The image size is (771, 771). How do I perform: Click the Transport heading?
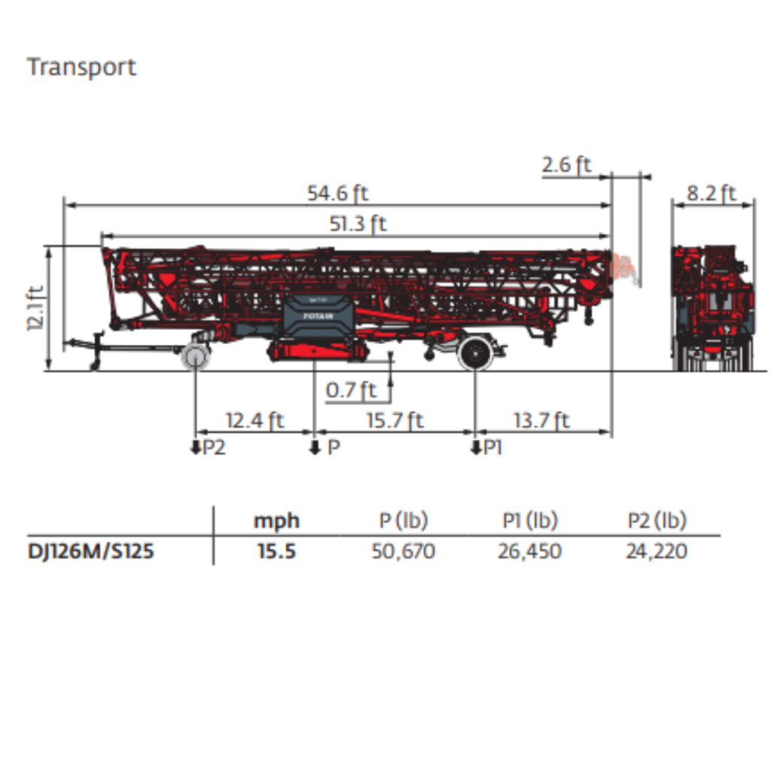click(81, 67)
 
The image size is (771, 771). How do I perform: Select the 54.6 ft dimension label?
click(337, 194)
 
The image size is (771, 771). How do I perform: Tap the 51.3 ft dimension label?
click(358, 224)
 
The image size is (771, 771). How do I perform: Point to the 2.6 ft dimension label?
click(566, 164)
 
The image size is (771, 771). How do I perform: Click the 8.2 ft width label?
click(711, 194)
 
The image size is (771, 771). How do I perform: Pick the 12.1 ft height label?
click(36, 308)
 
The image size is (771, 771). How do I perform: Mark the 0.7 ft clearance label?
click(351, 390)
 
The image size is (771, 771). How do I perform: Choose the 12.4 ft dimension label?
click(254, 420)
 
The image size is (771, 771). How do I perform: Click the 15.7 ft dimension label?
click(395, 420)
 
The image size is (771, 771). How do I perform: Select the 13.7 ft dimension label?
click(541, 420)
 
